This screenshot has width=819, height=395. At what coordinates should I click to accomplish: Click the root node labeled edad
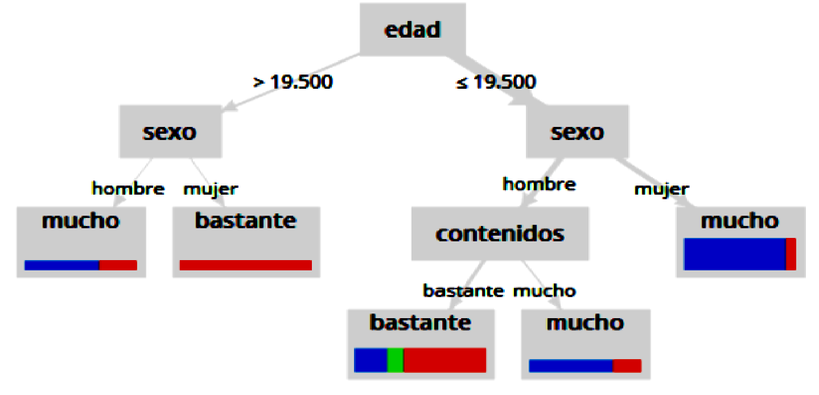tap(413, 30)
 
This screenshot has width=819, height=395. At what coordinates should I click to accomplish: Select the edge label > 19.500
tap(293, 82)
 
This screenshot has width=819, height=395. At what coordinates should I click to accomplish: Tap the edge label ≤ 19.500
tap(496, 82)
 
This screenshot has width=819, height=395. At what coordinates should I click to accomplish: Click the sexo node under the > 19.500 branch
tap(170, 132)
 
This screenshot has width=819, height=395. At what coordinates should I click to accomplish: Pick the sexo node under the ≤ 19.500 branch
tap(577, 132)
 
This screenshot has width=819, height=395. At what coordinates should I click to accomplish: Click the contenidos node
tap(500, 233)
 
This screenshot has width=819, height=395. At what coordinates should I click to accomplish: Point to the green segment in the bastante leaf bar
tap(395, 360)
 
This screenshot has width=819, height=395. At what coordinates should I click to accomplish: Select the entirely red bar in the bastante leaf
tap(245, 265)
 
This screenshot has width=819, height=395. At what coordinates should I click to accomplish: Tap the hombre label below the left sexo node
tap(128, 188)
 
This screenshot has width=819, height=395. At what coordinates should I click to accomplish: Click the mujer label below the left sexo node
tap(211, 188)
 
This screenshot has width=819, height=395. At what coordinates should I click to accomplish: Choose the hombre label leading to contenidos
tap(539, 184)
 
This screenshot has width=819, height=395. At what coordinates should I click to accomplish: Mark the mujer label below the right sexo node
tap(661, 188)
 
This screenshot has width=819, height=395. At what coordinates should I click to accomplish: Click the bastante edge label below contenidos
tap(463, 291)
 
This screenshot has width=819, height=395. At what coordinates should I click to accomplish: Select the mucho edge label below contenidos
tap(544, 291)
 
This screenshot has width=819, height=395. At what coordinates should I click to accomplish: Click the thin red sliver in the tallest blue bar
tap(791, 254)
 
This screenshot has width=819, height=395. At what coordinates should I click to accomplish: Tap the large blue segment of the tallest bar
tap(734, 254)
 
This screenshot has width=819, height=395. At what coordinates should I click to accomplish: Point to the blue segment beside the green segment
tap(371, 360)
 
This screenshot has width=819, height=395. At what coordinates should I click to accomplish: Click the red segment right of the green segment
tap(445, 360)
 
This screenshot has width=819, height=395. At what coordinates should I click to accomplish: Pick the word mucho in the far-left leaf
tap(81, 221)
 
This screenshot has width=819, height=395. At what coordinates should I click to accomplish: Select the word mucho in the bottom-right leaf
tap(585, 323)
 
